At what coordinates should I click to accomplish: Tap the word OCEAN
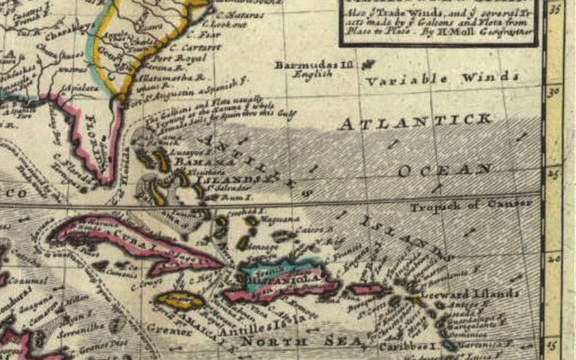click(x=444, y=170)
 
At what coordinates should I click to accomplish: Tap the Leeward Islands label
click(x=470, y=294)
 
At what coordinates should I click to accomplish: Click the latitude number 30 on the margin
click(x=554, y=91)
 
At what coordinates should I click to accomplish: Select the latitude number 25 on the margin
click(x=554, y=173)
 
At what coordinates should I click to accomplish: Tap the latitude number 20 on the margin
click(x=554, y=258)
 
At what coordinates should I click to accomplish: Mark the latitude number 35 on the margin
click(x=555, y=9)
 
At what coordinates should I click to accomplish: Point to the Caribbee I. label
click(x=409, y=346)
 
